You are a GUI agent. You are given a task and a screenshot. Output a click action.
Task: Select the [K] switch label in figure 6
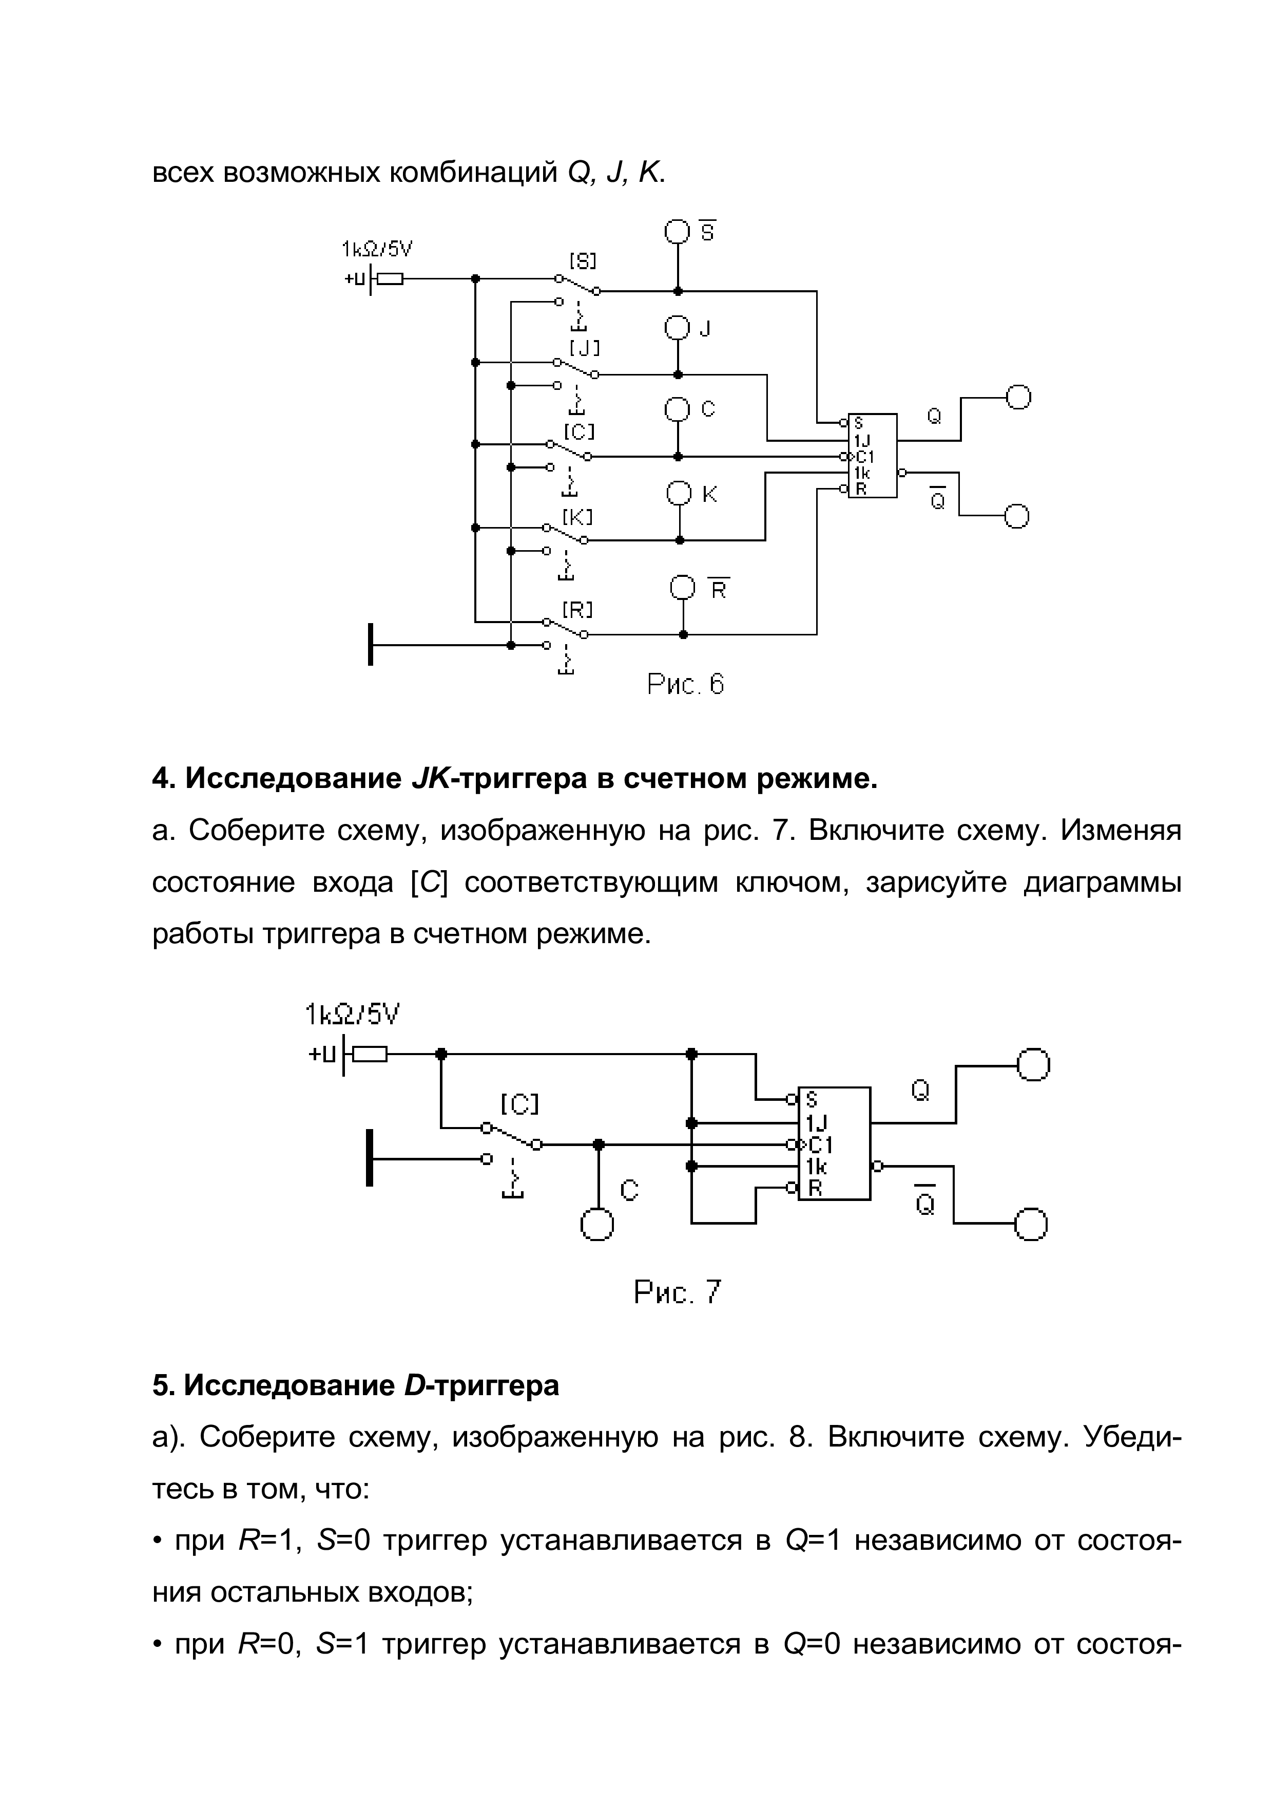click(x=577, y=517)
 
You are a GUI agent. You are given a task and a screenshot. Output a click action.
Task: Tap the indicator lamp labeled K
click(x=679, y=494)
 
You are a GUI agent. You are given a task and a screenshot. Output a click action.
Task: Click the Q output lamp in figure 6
click(x=1018, y=398)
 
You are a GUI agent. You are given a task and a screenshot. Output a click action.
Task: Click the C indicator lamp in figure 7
click(x=597, y=1224)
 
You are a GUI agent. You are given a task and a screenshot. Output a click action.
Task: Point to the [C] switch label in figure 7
click(x=520, y=1104)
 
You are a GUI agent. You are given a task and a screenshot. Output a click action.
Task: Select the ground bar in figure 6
click(x=370, y=644)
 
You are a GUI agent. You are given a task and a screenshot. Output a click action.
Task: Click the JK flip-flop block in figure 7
click(x=834, y=1143)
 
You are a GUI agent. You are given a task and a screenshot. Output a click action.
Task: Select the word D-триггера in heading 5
click(x=481, y=1386)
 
